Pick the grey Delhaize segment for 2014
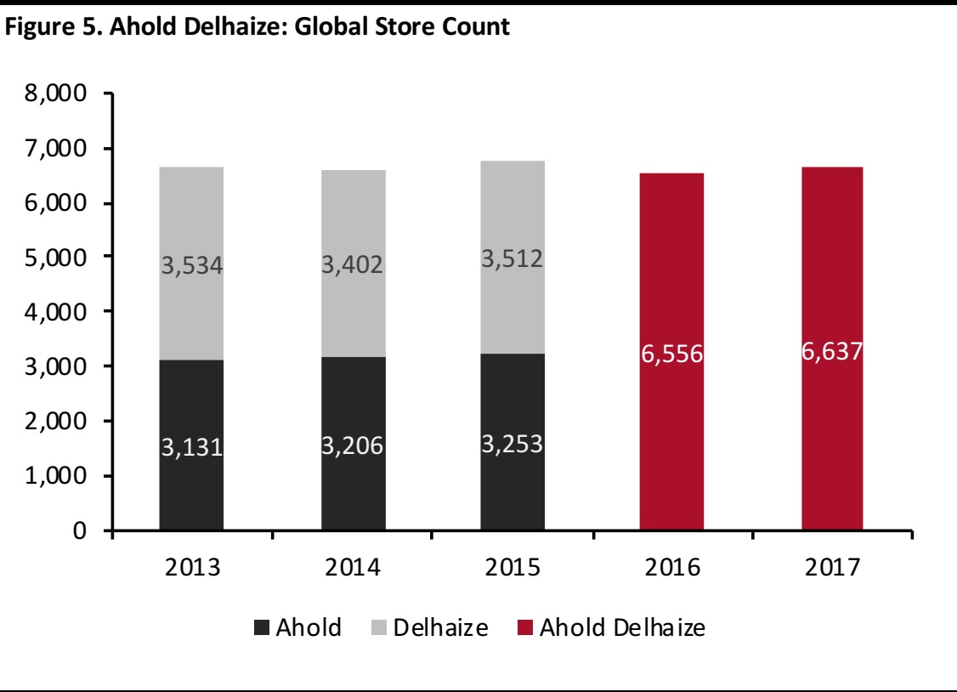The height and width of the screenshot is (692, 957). pos(353,213)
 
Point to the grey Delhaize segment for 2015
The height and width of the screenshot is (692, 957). pos(512,213)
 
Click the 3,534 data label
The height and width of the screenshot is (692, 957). pos(191,266)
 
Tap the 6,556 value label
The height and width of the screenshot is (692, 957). pos(671,354)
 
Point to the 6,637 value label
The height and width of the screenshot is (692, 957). pos(831,350)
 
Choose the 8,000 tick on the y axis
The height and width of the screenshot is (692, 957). pos(62,94)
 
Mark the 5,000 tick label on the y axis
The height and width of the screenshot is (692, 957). pos(62,258)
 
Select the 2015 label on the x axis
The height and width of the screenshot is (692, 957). pos(512,567)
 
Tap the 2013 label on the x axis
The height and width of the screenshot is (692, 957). pos(191,567)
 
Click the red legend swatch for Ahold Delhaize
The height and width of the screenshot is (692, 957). pos(523,629)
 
